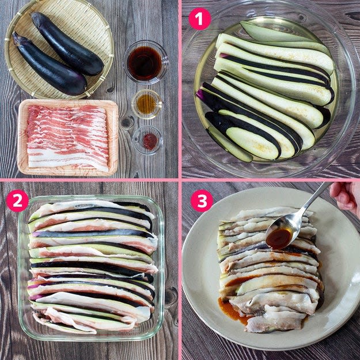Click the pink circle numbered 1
199,19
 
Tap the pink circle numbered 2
17,200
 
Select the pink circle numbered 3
202,200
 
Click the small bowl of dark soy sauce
146,62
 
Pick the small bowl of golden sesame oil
147,104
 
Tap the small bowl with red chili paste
148,140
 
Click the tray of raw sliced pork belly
68,137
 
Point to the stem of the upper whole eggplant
37,17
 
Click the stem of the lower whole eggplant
20,39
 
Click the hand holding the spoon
345,196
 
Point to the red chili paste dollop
150,141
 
